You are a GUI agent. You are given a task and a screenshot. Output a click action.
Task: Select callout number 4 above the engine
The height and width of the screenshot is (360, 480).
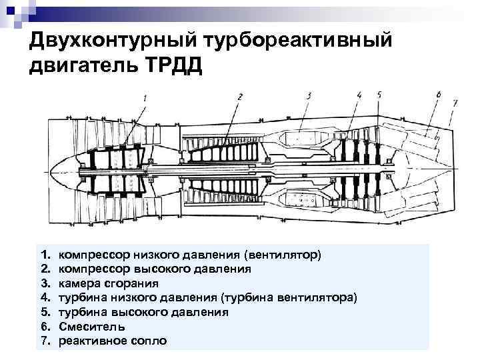pyautogui.click(x=360, y=95)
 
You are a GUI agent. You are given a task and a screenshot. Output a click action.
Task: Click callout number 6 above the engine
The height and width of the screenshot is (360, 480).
pyautogui.click(x=438, y=96)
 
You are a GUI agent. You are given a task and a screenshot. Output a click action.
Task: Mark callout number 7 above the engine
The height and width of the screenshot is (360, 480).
pyautogui.click(x=455, y=103)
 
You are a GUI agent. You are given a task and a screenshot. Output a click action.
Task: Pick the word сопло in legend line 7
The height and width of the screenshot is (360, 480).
pyautogui.click(x=151, y=341)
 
